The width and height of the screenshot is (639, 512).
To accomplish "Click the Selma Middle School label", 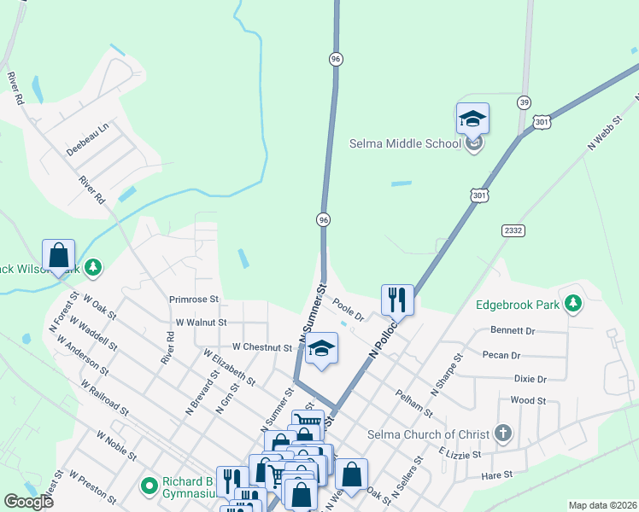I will pyautogui.click(x=405, y=143).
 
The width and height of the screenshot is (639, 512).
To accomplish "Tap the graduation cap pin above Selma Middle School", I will pyautogui.click(x=472, y=119).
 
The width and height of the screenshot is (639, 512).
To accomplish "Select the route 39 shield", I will pyautogui.click(x=524, y=102).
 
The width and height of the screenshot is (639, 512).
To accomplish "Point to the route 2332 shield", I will pyautogui.click(x=513, y=230).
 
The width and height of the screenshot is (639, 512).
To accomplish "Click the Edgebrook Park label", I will pyautogui.click(x=518, y=304).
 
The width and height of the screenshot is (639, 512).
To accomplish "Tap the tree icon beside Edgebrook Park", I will pyautogui.click(x=574, y=303).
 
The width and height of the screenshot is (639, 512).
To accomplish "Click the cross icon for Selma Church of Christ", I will pyautogui.click(x=503, y=433).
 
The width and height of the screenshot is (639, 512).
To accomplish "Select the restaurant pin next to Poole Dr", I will pyautogui.click(x=397, y=300).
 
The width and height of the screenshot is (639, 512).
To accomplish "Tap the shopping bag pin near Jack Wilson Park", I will pyautogui.click(x=58, y=255).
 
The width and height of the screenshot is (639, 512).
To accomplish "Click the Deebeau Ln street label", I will pyautogui.click(x=88, y=139).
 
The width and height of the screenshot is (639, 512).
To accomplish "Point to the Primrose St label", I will pyautogui.click(x=194, y=300).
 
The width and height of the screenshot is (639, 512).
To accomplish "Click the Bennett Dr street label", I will pyautogui.click(x=513, y=330).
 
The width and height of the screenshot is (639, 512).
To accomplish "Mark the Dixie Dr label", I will pyautogui.click(x=530, y=378).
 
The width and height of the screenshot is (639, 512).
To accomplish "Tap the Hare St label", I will pyautogui.click(x=496, y=474).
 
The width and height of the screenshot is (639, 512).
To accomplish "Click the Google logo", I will pyautogui.click(x=28, y=502).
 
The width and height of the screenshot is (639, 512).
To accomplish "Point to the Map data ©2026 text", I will pyautogui.click(x=602, y=505).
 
